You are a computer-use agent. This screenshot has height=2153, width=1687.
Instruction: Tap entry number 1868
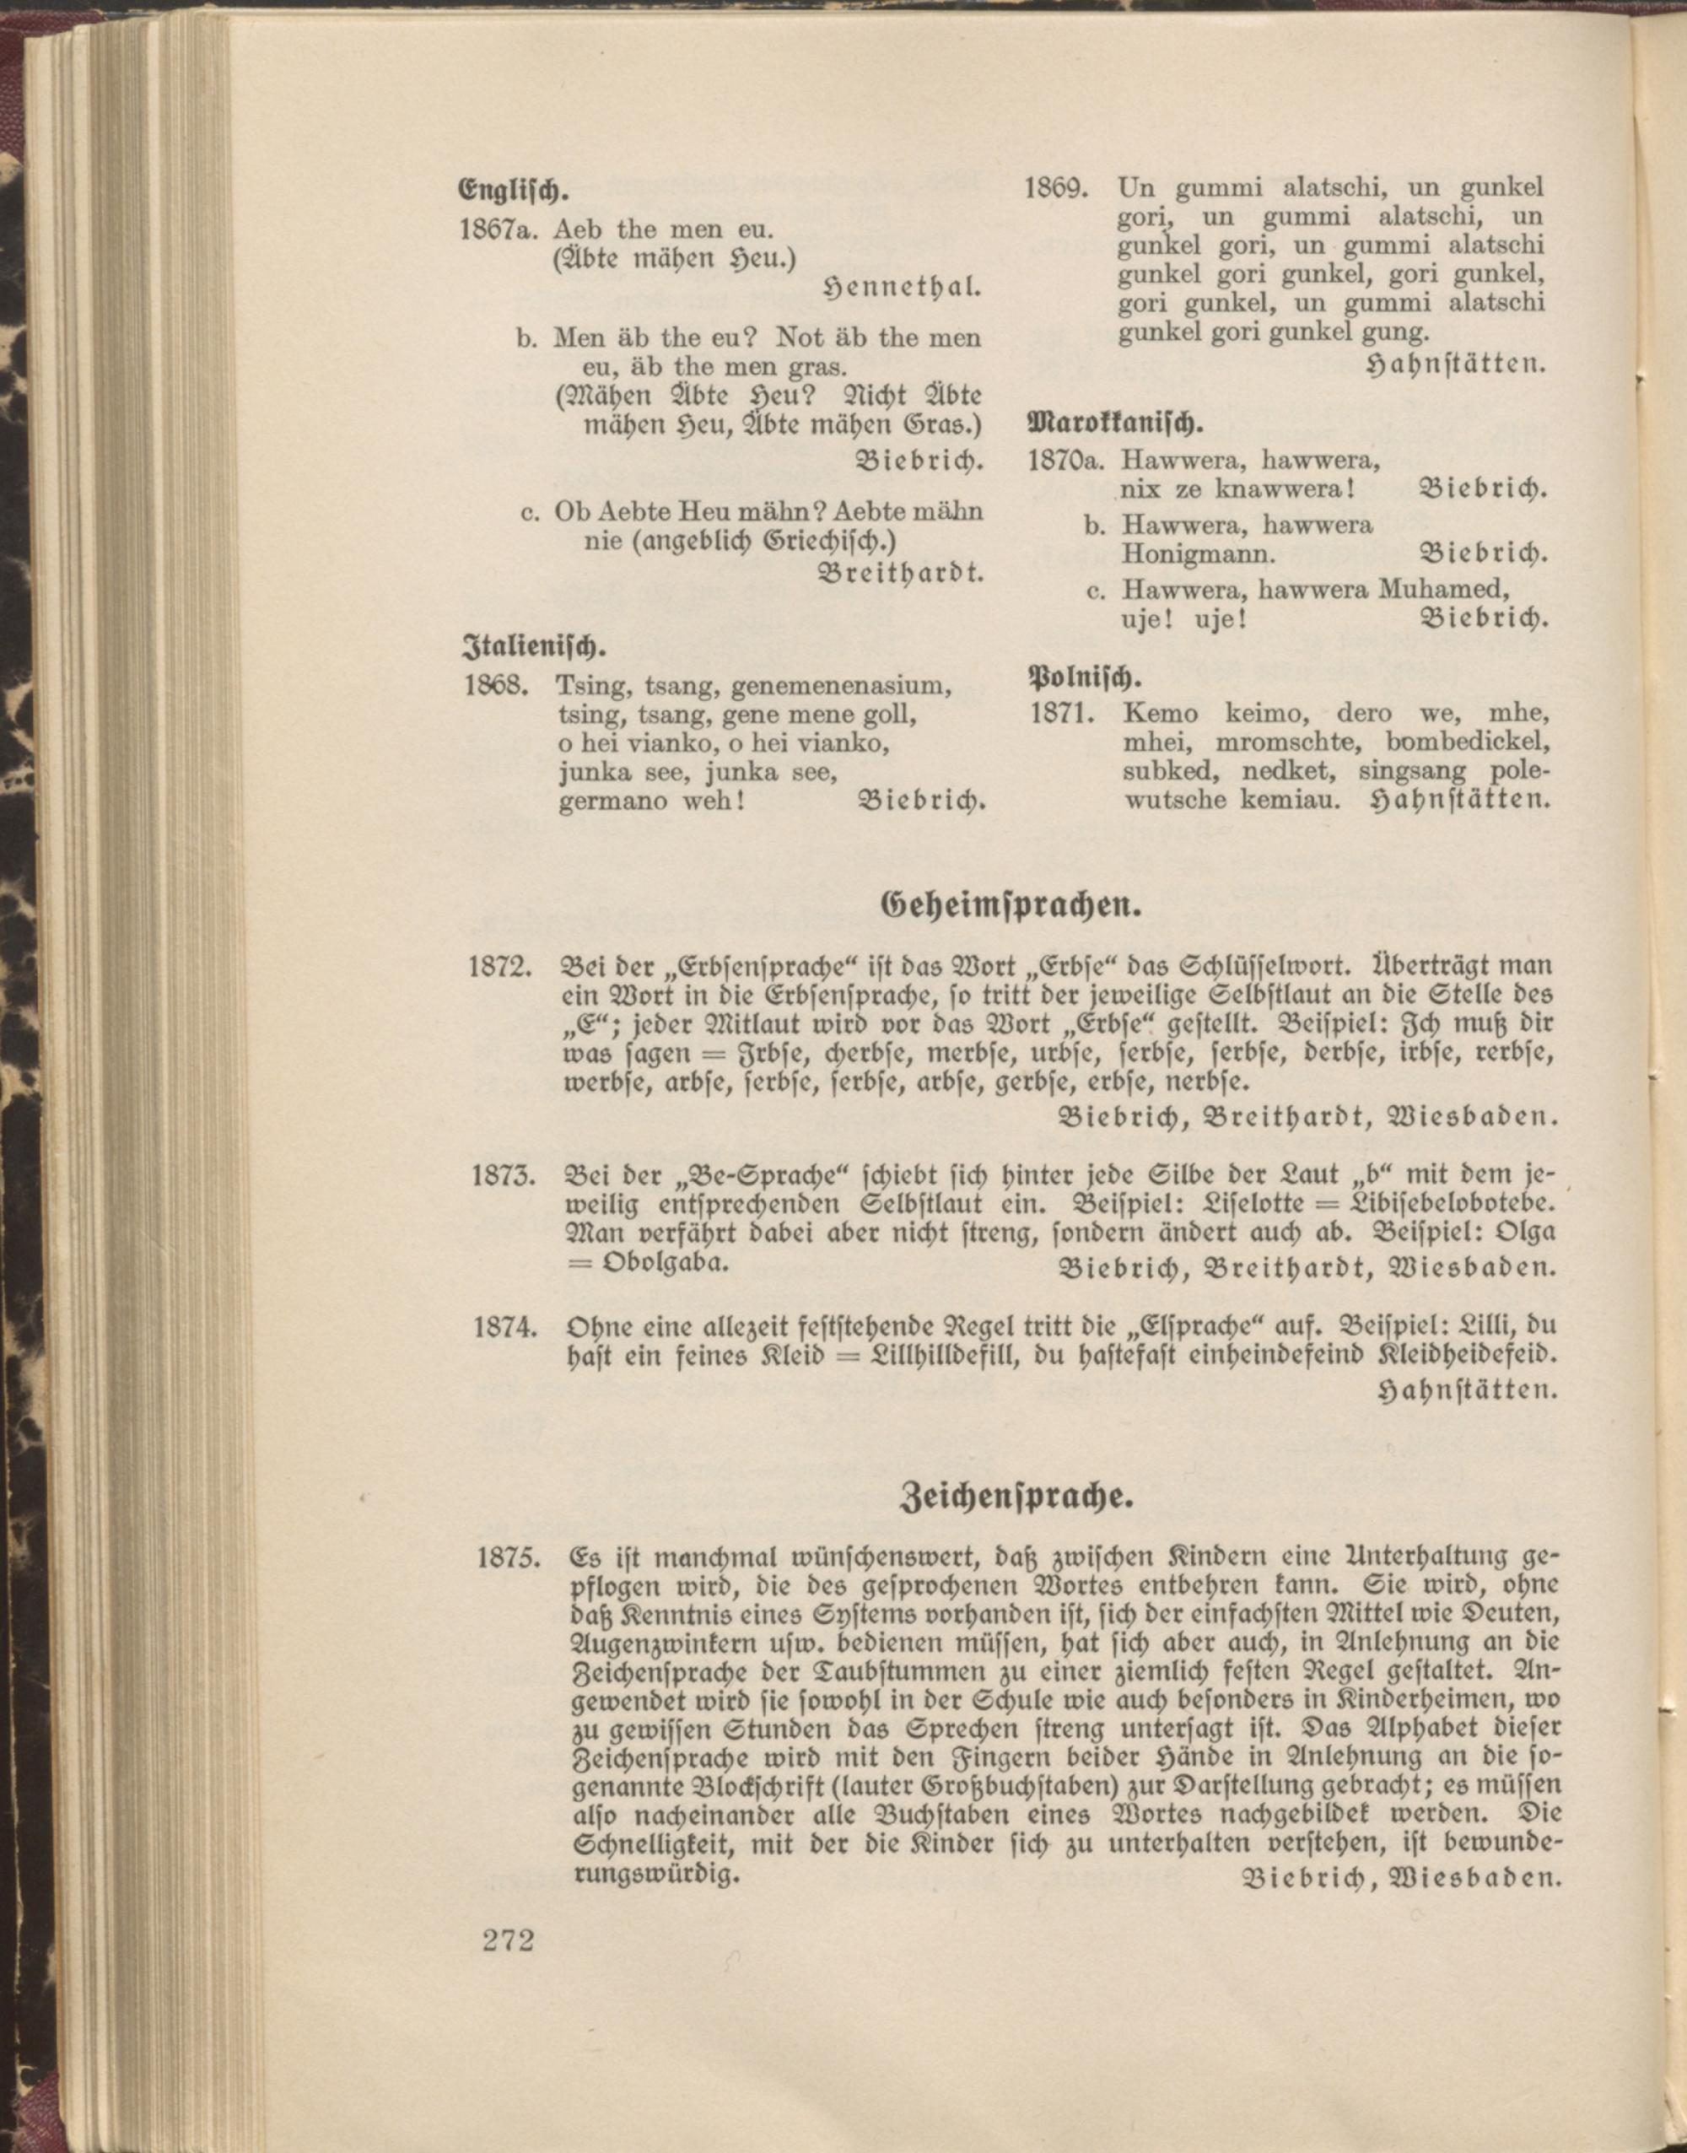point(498,684)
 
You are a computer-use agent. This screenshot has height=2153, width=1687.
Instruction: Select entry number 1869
point(1056,186)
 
